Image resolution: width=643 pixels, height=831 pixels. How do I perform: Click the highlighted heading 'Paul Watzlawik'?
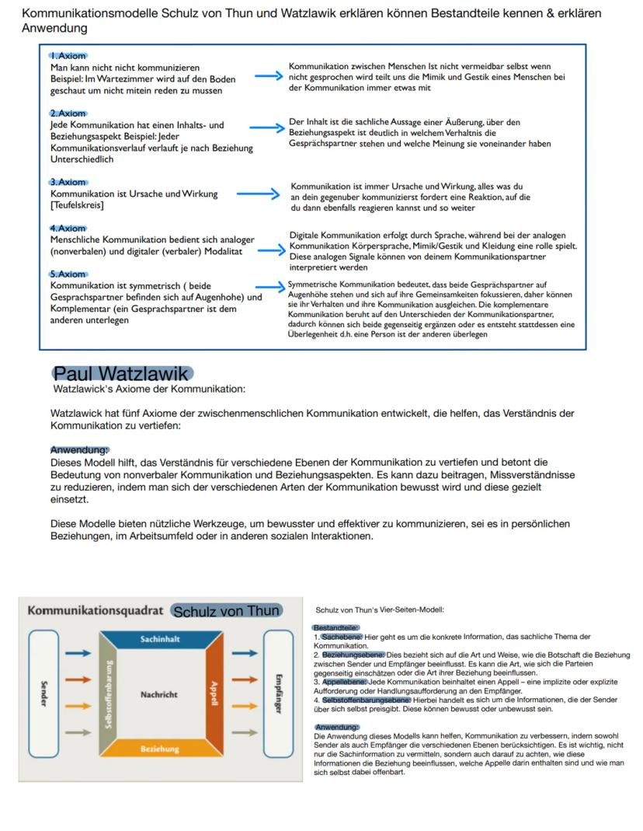pos(122,374)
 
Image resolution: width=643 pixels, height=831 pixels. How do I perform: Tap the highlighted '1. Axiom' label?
pos(68,56)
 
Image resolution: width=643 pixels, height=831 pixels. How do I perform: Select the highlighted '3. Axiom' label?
pos(68,182)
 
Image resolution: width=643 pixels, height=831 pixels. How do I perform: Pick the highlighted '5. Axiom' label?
pos(68,274)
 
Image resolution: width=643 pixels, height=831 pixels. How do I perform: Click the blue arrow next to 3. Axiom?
pos(256,193)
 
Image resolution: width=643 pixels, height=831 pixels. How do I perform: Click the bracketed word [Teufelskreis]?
pos(77,205)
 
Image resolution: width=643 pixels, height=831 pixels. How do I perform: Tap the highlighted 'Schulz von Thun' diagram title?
pos(225,611)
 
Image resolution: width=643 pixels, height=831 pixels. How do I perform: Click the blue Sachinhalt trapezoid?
pos(161,639)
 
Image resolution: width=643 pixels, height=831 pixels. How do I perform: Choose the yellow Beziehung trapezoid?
pos(161,749)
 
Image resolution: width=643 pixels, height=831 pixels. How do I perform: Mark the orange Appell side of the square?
pos(215,694)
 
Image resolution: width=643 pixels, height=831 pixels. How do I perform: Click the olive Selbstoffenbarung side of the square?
pos(109,694)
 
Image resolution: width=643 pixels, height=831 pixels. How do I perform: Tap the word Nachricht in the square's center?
pos(159,694)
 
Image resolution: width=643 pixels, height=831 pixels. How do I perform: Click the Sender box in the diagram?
pos(43,693)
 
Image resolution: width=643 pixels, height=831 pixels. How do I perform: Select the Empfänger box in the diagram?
pos(278,693)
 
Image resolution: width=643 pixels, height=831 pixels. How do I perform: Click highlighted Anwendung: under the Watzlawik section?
pos(80,450)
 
